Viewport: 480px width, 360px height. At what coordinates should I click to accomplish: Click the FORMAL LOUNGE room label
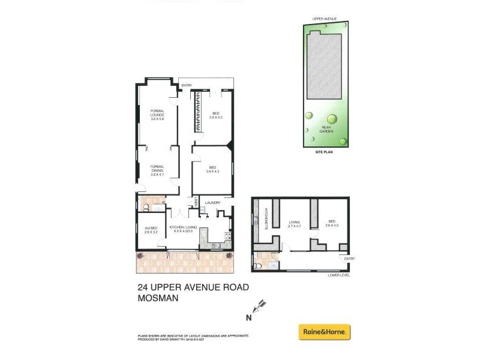[x=157, y=115]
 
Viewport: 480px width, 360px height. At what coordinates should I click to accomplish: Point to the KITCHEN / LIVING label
[x=185, y=229]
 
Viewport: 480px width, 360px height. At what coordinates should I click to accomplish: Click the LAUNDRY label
[x=212, y=203]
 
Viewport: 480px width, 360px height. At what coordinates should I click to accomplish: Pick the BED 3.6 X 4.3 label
[x=212, y=170]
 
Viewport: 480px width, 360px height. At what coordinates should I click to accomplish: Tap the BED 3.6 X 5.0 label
[x=216, y=115]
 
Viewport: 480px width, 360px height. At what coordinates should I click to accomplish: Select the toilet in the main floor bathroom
[x=145, y=208]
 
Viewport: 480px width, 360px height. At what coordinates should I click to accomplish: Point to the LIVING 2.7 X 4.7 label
[x=294, y=223]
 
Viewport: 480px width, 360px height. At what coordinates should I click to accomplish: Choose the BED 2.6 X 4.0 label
[x=332, y=223]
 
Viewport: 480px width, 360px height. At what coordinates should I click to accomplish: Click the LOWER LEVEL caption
[x=338, y=275]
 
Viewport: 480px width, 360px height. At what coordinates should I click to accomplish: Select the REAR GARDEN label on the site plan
[x=327, y=130]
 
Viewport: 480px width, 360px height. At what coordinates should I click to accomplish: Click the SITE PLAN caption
[x=324, y=152]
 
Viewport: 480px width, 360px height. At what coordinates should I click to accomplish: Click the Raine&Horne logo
[x=325, y=332]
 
